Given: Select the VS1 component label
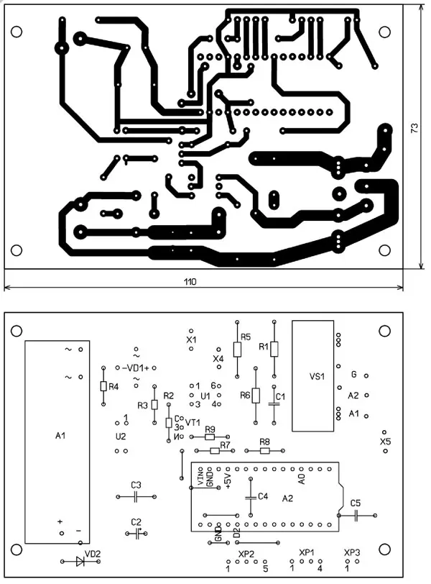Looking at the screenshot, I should (317, 377).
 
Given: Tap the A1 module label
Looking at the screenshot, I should (60, 436).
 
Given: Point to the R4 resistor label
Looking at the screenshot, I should (113, 386).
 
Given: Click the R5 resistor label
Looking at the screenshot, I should (246, 336).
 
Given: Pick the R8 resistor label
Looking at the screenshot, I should (264, 442).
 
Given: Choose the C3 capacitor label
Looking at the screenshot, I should (136, 485).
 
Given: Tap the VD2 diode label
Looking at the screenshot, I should (93, 553).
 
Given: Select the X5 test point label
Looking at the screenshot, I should (386, 441).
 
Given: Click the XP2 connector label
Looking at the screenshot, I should (246, 553).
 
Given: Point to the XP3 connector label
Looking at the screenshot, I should (352, 552).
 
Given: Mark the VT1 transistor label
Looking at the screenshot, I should (193, 423).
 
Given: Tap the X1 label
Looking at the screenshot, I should (191, 339).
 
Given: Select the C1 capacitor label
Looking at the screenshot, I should (281, 396).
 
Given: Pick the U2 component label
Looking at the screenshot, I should (120, 436).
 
